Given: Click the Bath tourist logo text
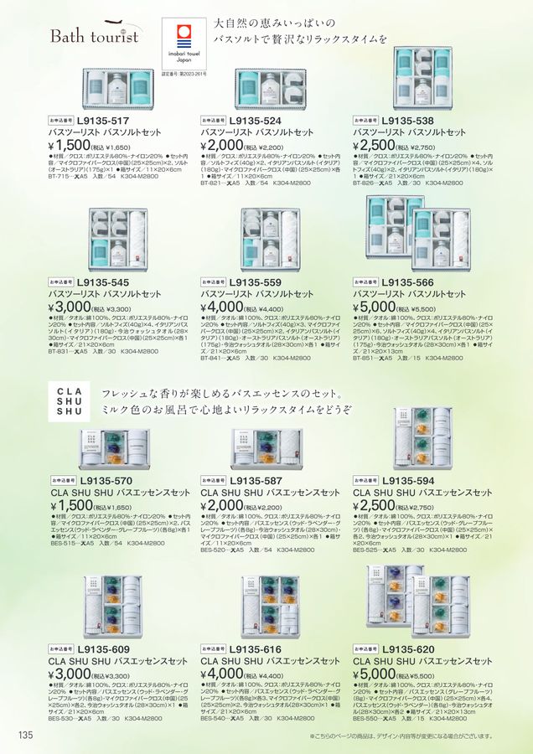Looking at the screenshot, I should (95, 36).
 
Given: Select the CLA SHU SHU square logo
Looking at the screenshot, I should (69, 400).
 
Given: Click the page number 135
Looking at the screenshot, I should (24, 735).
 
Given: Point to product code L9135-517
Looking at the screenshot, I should (102, 120).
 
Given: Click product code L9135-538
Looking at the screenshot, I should (408, 120).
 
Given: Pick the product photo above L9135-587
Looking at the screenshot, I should (266, 448).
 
